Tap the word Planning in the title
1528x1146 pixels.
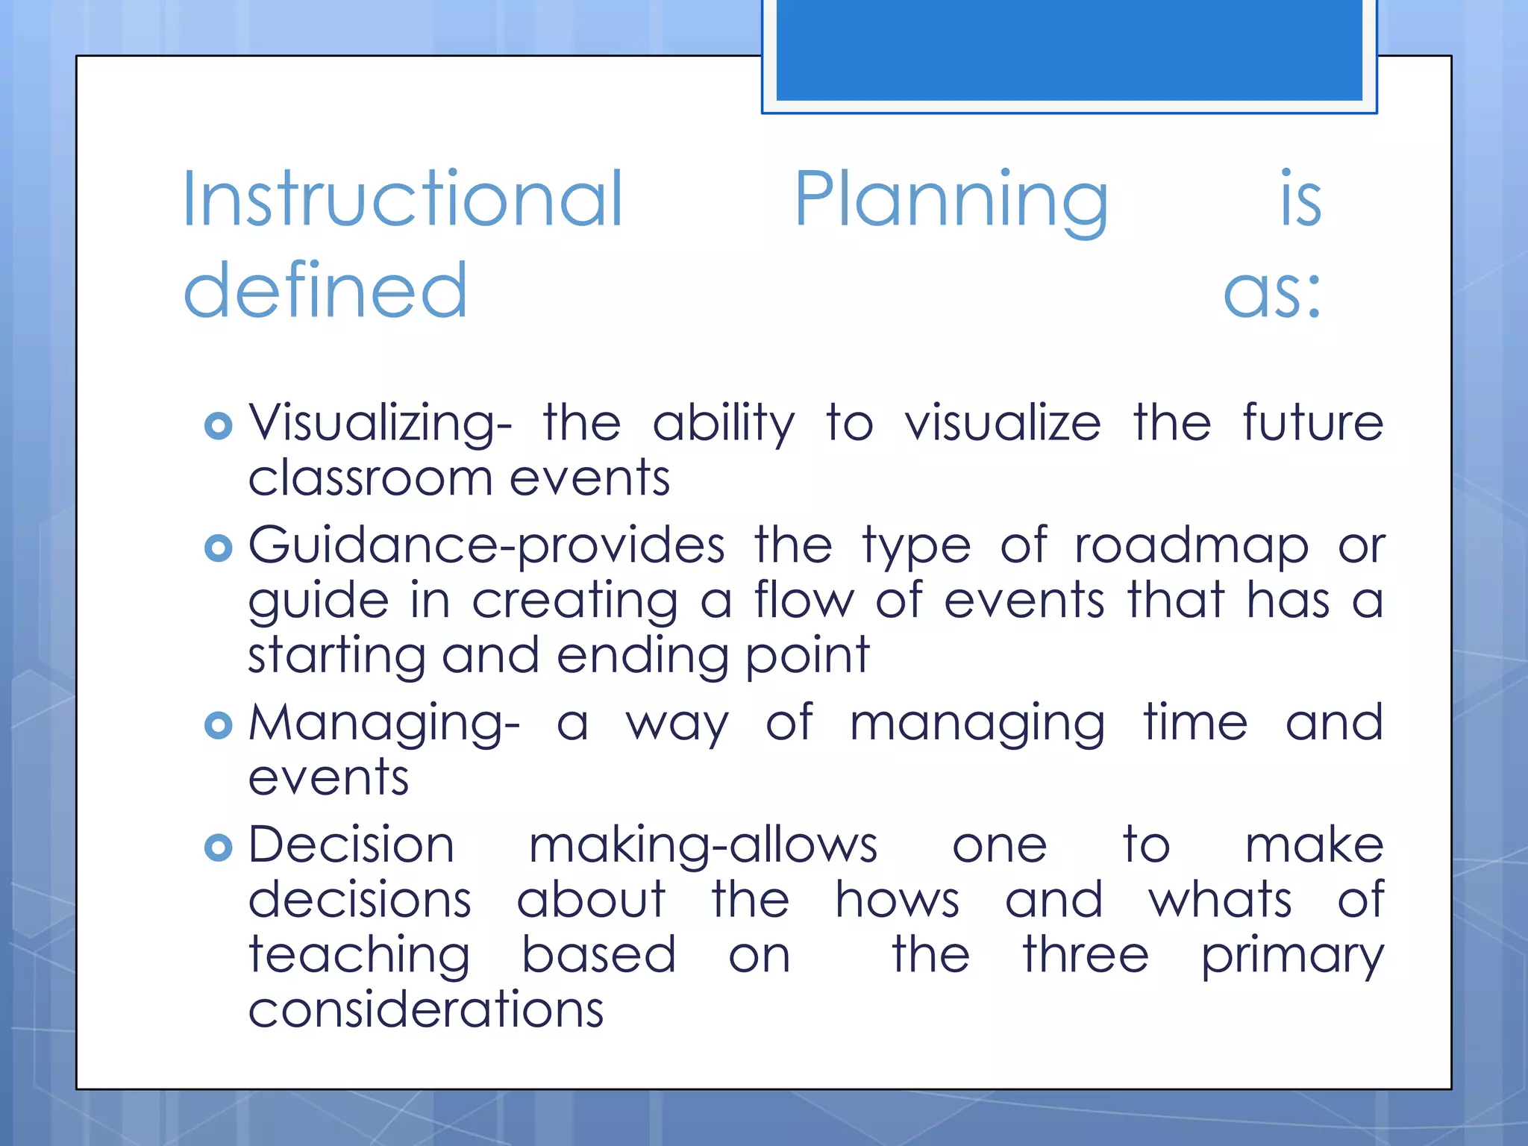click(951, 200)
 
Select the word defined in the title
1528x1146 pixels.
click(325, 291)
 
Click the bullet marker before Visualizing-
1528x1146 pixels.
click(218, 426)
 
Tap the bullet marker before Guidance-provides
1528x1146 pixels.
click(218, 548)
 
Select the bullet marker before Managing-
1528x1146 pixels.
click(218, 725)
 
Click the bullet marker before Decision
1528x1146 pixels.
click(218, 848)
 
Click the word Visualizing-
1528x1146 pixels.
click(380, 423)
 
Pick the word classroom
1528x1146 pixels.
click(370, 478)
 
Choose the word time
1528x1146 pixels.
click(1195, 722)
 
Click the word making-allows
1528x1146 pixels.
click(703, 846)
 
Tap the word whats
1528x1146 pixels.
click(1220, 900)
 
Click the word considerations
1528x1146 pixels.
click(425, 1010)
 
